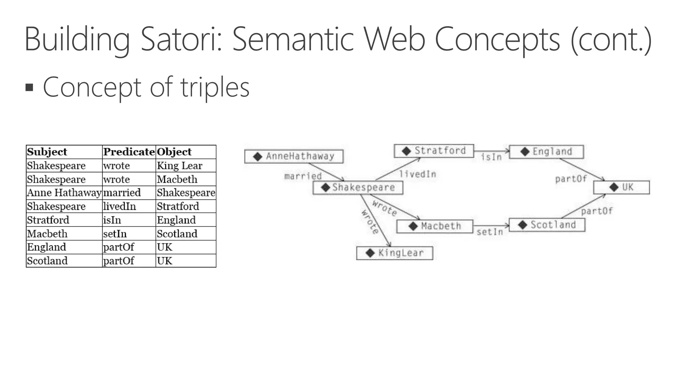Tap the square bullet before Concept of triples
pyautogui.click(x=30, y=88)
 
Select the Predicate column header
pyautogui.click(x=129, y=152)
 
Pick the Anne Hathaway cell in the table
pyautogui.click(x=64, y=193)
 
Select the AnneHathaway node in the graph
pyautogui.click(x=294, y=156)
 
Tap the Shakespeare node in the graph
pyautogui.click(x=358, y=188)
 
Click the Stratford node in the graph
pyautogui.click(x=434, y=151)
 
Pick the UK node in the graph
pyautogui.click(x=622, y=187)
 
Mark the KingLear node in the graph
pyautogui.click(x=395, y=253)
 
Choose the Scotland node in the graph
pyautogui.click(x=547, y=225)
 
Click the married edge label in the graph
pyautogui.click(x=303, y=176)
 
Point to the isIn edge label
pyautogui.click(x=491, y=157)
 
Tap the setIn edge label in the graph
pyautogui.click(x=490, y=232)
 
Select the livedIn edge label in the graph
pyautogui.click(x=418, y=174)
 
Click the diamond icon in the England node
pyautogui.click(x=525, y=152)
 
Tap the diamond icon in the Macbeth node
pyautogui.click(x=413, y=226)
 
